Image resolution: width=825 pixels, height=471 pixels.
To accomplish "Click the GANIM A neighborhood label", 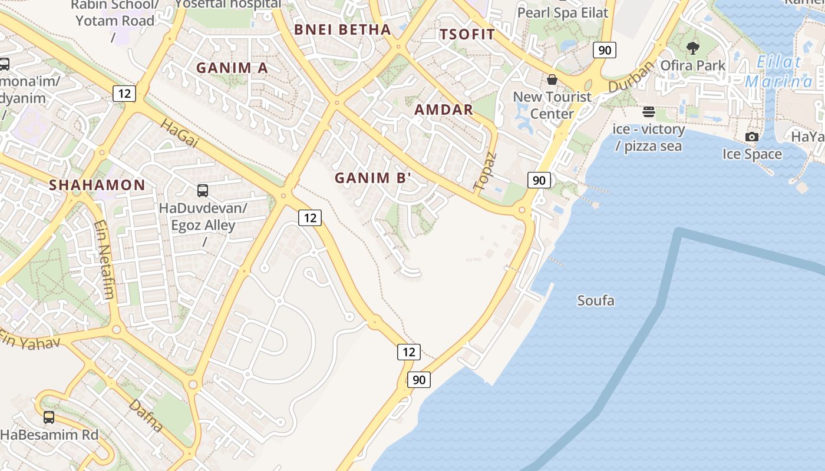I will (232, 68).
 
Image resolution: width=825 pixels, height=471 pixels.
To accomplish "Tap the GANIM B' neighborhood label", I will (372, 178).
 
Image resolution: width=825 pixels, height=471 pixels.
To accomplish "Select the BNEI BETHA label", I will (342, 29).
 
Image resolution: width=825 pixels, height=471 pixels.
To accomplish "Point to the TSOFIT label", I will (467, 34).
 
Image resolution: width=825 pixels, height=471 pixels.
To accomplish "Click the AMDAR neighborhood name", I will (444, 110).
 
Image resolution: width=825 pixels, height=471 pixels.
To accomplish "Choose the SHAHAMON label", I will (97, 185).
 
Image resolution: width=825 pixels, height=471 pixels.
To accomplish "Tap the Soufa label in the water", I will (596, 301).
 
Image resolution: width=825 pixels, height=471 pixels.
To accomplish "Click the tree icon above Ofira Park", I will (693, 48).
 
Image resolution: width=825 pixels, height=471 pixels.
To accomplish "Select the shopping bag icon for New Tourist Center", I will (552, 79).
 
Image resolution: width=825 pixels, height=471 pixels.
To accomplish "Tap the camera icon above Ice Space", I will (752, 137).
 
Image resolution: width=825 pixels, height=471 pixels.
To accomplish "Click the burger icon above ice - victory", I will (649, 111).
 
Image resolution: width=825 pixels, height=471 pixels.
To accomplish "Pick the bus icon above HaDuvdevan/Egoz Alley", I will (203, 190).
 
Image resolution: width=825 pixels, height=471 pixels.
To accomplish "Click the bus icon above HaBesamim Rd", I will (49, 417).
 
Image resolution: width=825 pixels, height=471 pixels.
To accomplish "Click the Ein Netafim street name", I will (103, 260).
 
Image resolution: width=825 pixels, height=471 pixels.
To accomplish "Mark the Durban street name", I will (631, 77).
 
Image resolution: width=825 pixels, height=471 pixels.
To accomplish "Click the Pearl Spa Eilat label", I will (563, 12).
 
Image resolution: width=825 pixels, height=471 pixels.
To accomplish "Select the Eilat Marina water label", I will (779, 71).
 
